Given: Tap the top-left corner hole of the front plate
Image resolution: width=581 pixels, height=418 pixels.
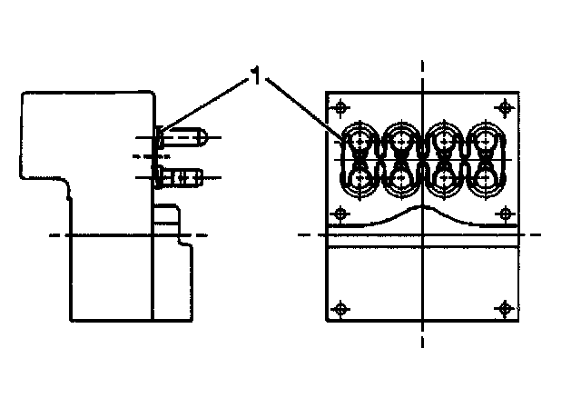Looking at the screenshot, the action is [x=340, y=106].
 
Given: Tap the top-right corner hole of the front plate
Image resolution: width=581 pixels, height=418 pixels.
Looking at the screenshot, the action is [x=504, y=106].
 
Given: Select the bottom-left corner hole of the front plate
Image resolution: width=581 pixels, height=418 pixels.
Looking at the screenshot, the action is [x=340, y=306].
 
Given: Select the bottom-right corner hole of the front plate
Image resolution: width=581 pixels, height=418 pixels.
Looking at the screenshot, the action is [x=504, y=306].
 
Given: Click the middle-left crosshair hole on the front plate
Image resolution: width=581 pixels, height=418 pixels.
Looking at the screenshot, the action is [x=340, y=214].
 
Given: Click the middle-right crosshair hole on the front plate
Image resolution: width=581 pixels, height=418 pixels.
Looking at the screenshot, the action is [x=504, y=214].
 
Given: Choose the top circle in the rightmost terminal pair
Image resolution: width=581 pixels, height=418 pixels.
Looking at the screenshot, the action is [x=485, y=141].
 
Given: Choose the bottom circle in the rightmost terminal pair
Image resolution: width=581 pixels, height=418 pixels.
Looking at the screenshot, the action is [x=485, y=179].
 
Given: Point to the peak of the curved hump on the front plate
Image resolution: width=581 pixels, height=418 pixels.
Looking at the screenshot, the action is [x=423, y=208].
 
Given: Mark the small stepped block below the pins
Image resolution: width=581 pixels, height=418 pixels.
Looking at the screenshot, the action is [x=167, y=222].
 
